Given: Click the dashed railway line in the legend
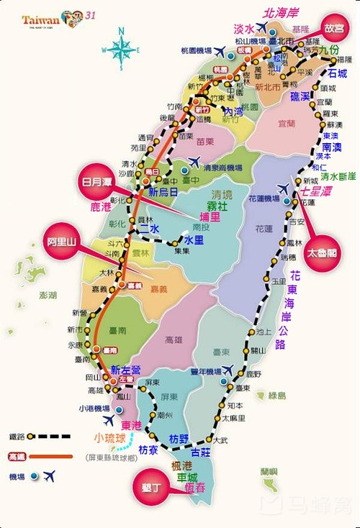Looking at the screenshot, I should click(50, 436).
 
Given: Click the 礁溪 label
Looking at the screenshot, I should click(300, 96).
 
